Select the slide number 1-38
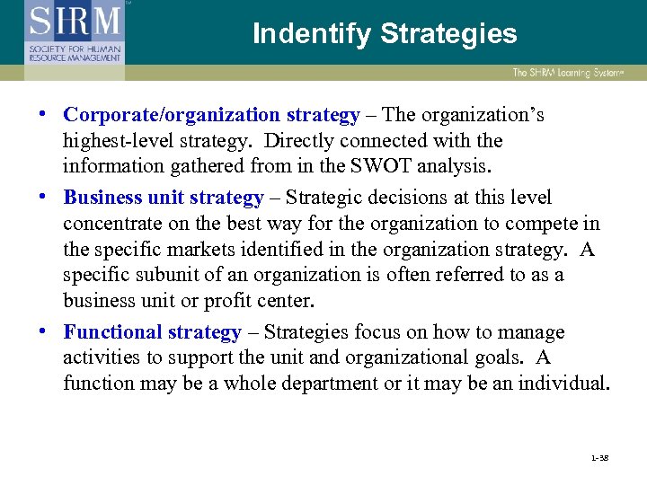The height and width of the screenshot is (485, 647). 601,458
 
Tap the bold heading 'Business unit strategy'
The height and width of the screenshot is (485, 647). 164,198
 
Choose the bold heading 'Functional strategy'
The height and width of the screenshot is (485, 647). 152,332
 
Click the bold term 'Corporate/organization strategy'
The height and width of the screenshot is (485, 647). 212,115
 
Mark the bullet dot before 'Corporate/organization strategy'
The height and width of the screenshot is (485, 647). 46,116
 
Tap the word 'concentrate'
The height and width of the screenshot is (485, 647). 110,224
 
